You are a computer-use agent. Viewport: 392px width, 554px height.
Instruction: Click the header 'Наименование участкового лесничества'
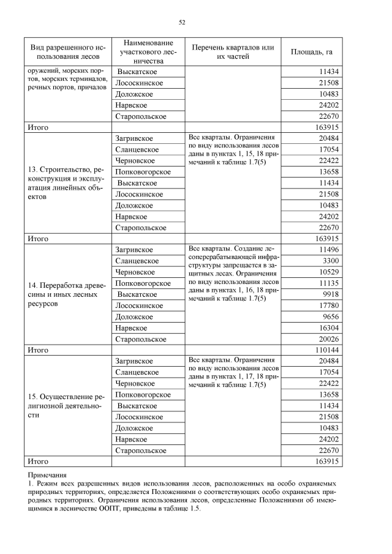148,52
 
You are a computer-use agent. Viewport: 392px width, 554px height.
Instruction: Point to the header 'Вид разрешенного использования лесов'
68,52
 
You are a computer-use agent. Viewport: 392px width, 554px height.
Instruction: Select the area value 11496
325,250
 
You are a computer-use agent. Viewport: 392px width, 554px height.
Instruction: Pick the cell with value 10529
325,272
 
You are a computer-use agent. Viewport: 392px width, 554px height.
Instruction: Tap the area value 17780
325,305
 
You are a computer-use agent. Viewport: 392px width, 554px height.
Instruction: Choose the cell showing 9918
327,294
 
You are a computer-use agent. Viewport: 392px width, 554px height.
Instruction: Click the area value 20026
325,339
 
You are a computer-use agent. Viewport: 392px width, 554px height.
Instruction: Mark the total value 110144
323,350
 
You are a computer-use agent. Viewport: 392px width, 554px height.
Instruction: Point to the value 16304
325,328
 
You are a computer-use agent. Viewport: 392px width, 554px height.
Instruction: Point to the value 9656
327,316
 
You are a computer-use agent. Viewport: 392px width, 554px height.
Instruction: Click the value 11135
325,283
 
